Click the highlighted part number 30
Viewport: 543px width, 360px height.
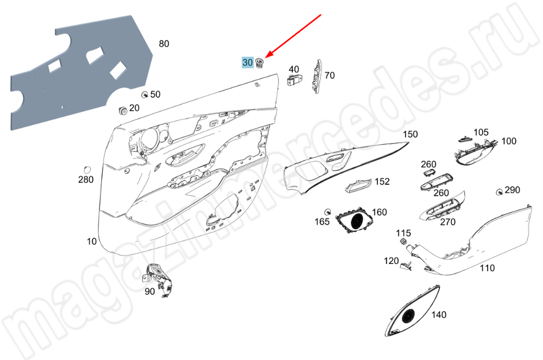coord(248,62)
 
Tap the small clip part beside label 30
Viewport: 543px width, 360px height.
coord(260,62)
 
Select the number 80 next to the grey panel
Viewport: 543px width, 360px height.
coord(164,43)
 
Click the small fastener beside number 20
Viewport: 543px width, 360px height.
coord(122,110)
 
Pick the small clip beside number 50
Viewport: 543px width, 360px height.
coord(145,94)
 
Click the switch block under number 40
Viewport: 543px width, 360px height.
coord(293,80)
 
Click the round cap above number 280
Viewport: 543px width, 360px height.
coord(87,169)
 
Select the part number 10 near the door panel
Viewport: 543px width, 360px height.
coord(91,241)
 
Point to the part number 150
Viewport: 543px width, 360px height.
coord(411,134)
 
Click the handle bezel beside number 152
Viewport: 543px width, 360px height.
coord(358,186)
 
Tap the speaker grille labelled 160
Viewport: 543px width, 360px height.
coord(354,221)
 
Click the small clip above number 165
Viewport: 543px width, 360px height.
coord(327,212)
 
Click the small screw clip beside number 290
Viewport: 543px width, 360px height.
coord(500,192)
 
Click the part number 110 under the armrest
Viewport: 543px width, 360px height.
coord(487,268)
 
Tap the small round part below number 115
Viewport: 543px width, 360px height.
coord(403,241)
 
